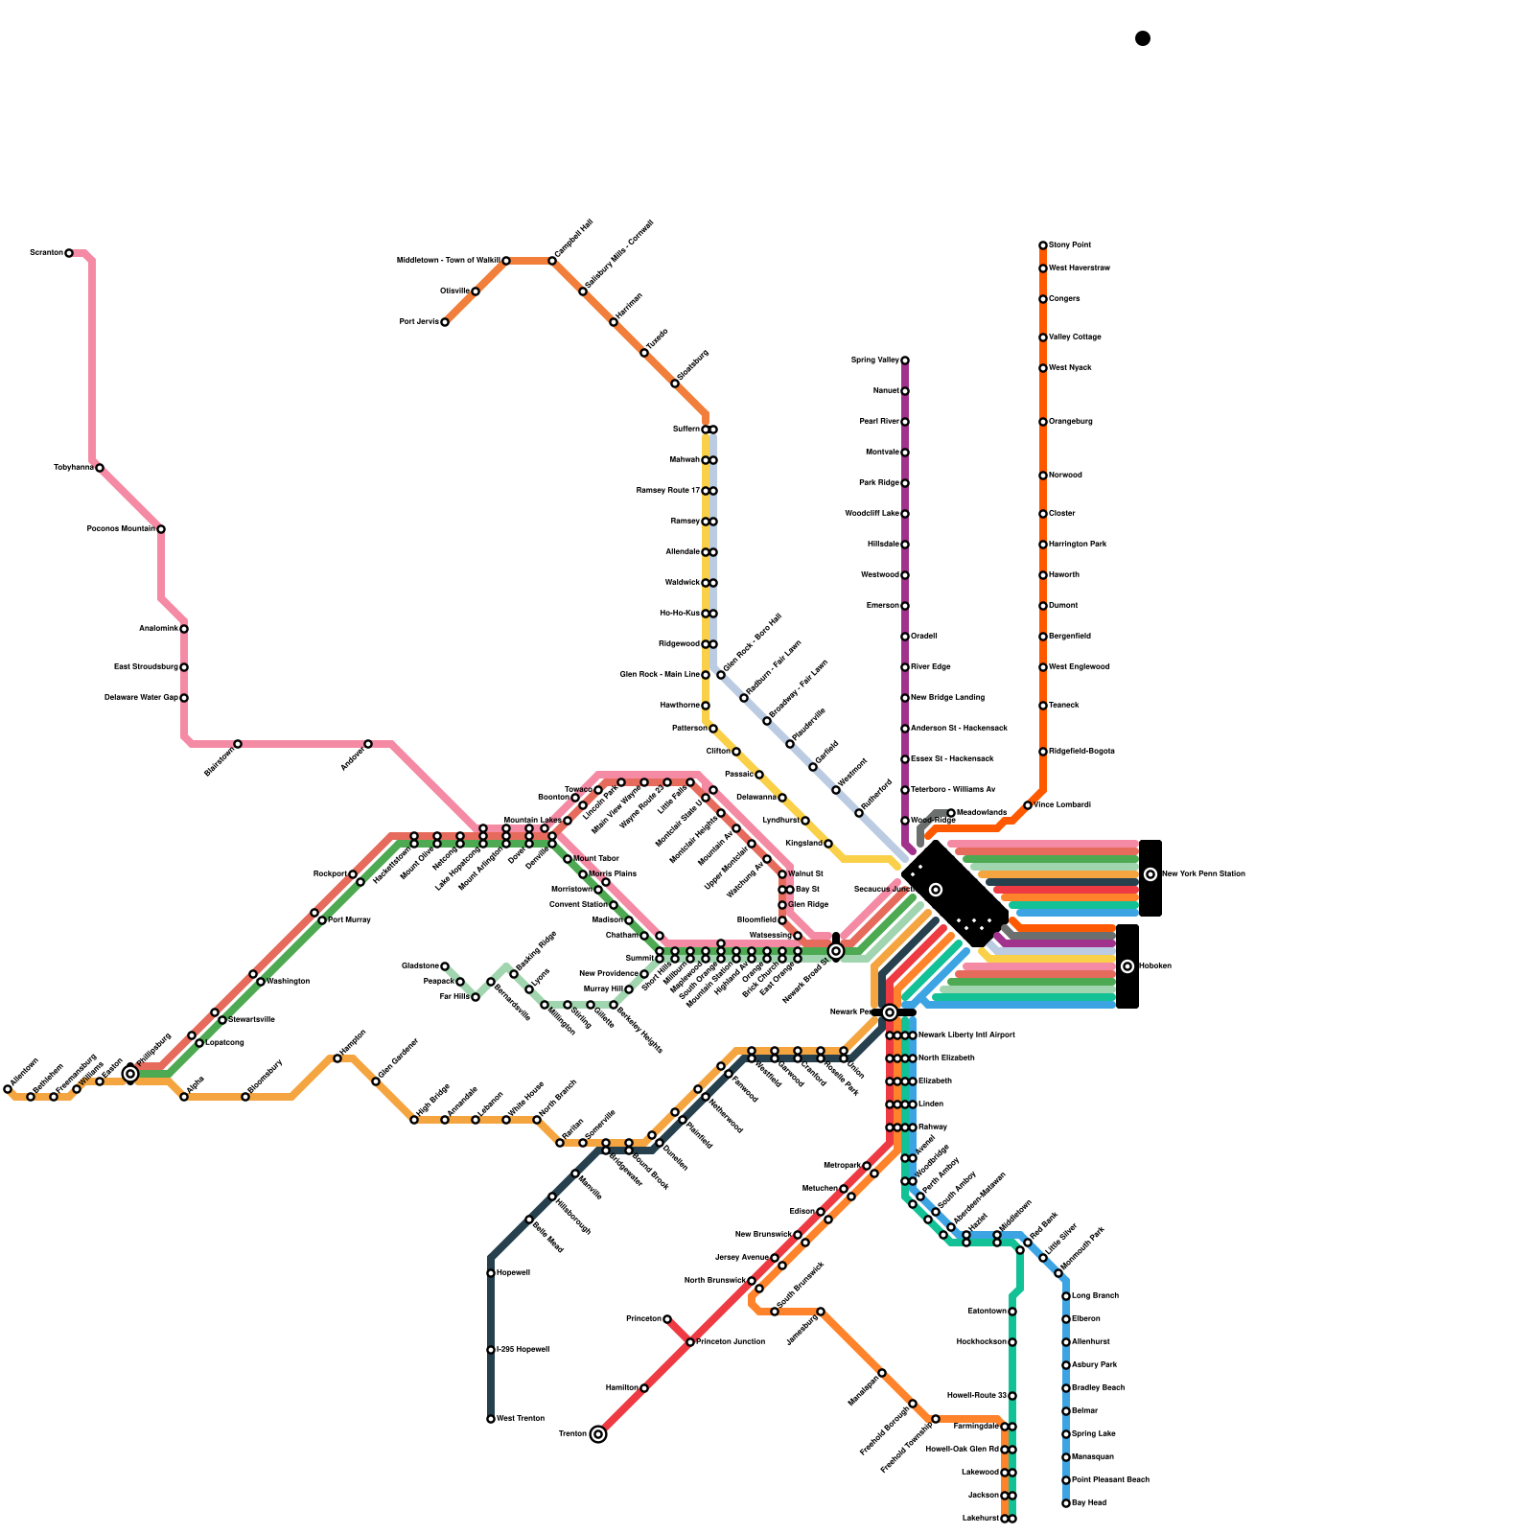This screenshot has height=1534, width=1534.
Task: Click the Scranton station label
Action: (x=46, y=253)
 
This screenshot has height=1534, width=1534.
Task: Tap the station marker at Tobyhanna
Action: (x=100, y=468)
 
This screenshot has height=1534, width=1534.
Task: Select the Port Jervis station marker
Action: (x=445, y=322)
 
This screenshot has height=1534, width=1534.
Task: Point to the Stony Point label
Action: (x=1070, y=245)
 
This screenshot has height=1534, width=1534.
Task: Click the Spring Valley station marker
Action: (x=905, y=360)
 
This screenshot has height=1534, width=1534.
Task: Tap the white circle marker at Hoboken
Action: (x=1127, y=966)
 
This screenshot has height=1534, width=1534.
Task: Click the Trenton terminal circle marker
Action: (x=598, y=1434)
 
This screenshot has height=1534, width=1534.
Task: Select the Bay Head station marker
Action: (x=1066, y=1503)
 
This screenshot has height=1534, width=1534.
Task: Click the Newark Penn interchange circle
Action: (x=890, y=1012)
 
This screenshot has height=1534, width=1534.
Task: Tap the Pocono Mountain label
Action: (x=121, y=529)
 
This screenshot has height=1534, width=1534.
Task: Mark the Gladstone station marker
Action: (x=445, y=966)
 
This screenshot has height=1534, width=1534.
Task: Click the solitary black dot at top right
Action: (x=1143, y=38)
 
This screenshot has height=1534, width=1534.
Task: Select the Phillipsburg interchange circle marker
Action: (x=130, y=1074)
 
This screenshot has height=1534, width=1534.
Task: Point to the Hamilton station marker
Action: (x=644, y=1388)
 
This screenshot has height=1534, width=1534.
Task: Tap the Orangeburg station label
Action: (x=1071, y=422)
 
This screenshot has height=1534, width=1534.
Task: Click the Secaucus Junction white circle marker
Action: (x=936, y=890)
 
